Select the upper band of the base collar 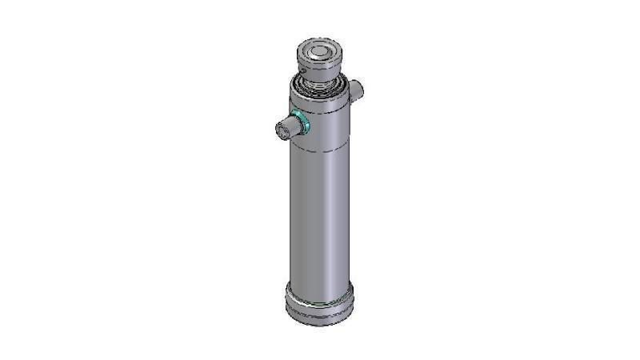tap(319, 299)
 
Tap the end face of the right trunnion tap(361, 86)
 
